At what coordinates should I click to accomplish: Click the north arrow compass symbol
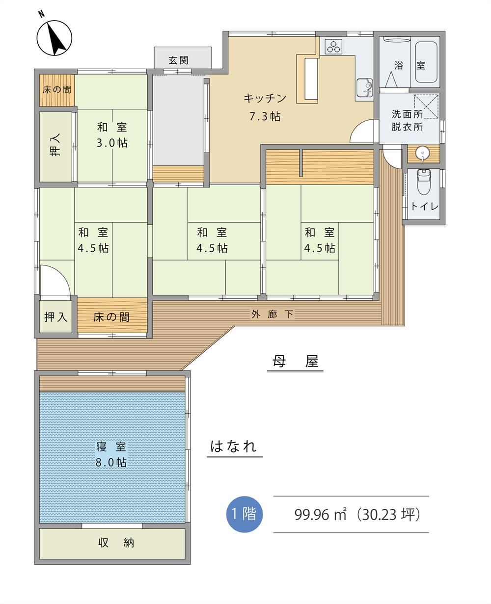pyautogui.click(x=54, y=38)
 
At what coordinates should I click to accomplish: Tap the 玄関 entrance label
pyautogui.click(x=178, y=60)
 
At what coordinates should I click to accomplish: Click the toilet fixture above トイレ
pyautogui.click(x=424, y=182)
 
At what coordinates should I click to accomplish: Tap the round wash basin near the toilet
pyautogui.click(x=423, y=154)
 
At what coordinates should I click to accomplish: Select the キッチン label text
pyautogui.click(x=265, y=99)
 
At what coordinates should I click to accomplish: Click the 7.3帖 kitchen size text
pyautogui.click(x=265, y=117)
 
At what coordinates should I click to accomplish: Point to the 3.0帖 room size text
pyautogui.click(x=112, y=143)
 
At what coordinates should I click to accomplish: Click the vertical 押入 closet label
pyautogui.click(x=55, y=145)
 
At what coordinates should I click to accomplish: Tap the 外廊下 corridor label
pyautogui.click(x=272, y=314)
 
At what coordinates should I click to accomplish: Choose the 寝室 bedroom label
pyautogui.click(x=111, y=447)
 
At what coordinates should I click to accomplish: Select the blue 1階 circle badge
pyautogui.click(x=245, y=514)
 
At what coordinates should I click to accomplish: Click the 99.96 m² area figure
pyautogui.click(x=320, y=514)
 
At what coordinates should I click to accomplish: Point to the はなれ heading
pyautogui.click(x=233, y=446)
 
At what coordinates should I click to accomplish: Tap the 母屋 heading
pyautogui.click(x=295, y=361)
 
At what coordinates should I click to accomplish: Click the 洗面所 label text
pyautogui.click(x=407, y=114)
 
